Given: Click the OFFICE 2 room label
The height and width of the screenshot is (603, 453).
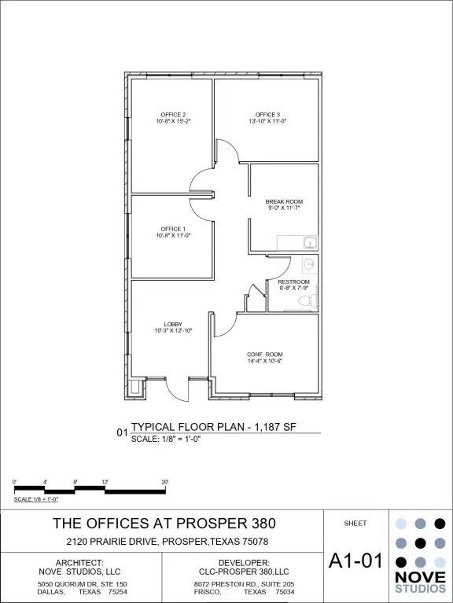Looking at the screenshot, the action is pyautogui.click(x=173, y=115).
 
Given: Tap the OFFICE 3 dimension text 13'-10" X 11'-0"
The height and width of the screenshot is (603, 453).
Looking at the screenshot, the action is pyautogui.click(x=267, y=121).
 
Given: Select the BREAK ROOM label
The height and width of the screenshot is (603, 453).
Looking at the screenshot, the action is pyautogui.click(x=284, y=201).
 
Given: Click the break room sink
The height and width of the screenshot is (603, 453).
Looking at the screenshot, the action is pyautogui.click(x=310, y=243).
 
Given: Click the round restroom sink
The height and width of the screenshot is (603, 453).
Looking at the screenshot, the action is pyautogui.click(x=309, y=264).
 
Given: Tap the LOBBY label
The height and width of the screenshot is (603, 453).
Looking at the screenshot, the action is pyautogui.click(x=173, y=324).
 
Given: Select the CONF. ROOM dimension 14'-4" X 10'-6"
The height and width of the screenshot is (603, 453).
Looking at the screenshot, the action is pyautogui.click(x=265, y=361).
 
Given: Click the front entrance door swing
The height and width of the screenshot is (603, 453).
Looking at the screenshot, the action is pyautogui.click(x=176, y=390).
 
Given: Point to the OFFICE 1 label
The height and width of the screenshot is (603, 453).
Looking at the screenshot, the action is pyautogui.click(x=173, y=229).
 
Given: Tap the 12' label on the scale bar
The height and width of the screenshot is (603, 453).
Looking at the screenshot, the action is pyautogui.click(x=105, y=482).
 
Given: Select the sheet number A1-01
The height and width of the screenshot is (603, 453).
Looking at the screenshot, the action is pyautogui.click(x=356, y=561).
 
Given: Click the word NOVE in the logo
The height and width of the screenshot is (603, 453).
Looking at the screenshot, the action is pyautogui.click(x=420, y=577).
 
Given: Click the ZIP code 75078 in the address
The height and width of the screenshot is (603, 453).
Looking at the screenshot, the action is pyautogui.click(x=256, y=542).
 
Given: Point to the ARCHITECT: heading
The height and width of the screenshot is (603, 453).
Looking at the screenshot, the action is pyautogui.click(x=79, y=563).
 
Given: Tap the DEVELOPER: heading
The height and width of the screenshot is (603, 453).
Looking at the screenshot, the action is pyautogui.click(x=244, y=563).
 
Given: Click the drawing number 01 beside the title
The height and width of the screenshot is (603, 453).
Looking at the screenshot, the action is pyautogui.click(x=122, y=432).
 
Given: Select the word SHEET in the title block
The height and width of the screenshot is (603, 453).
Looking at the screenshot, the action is pyautogui.click(x=355, y=524).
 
